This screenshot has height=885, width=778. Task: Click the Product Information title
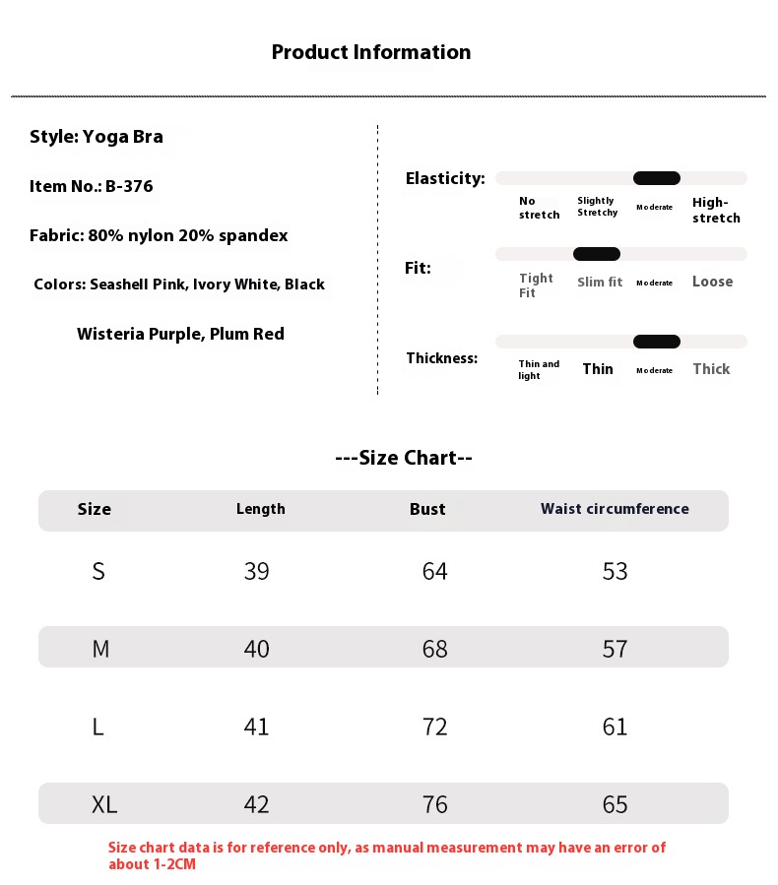[371, 52]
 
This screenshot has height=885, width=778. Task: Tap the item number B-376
[129, 186]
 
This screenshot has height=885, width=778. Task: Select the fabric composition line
[159, 235]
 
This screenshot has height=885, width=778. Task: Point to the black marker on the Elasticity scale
[656, 178]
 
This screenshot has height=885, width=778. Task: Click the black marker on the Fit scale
[596, 254]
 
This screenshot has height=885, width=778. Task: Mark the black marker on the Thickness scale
[656, 342]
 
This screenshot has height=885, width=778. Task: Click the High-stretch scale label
[716, 210]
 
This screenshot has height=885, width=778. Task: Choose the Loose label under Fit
[712, 282]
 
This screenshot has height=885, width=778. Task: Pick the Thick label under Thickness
[711, 369]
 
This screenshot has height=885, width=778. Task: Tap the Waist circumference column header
[615, 509]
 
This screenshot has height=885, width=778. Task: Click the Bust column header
[427, 509]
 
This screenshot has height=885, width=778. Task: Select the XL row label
[104, 804]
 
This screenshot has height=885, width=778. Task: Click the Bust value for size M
[434, 649]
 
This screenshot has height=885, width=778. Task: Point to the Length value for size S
[256, 571]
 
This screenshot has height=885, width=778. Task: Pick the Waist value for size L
[615, 727]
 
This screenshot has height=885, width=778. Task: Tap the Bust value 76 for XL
[434, 804]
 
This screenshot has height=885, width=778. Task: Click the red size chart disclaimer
[387, 855]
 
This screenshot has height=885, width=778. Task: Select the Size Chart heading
[404, 458]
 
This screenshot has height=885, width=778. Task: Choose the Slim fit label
[600, 283]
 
